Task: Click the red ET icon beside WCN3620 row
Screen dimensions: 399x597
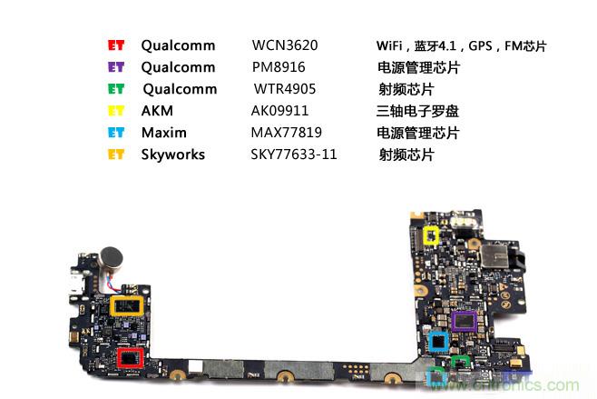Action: click(x=115, y=45)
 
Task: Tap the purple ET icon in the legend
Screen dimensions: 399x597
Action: click(x=115, y=67)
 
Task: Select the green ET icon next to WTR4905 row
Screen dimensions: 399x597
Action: click(x=115, y=89)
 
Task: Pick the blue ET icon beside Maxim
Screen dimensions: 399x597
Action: click(x=115, y=133)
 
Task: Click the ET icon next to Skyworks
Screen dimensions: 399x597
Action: click(x=115, y=155)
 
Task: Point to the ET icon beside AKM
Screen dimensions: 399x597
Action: click(x=115, y=111)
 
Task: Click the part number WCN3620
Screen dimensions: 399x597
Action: click(x=285, y=45)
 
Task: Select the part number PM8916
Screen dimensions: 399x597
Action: click(x=278, y=67)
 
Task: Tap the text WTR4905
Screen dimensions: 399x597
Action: click(x=281, y=89)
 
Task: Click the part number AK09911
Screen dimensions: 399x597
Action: click(x=279, y=111)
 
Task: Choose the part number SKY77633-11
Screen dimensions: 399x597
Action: click(x=294, y=155)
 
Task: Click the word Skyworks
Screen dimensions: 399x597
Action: click(x=172, y=155)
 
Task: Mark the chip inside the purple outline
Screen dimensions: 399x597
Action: click(x=464, y=321)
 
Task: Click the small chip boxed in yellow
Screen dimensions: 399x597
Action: click(x=432, y=235)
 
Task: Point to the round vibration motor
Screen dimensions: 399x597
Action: click(x=112, y=258)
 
